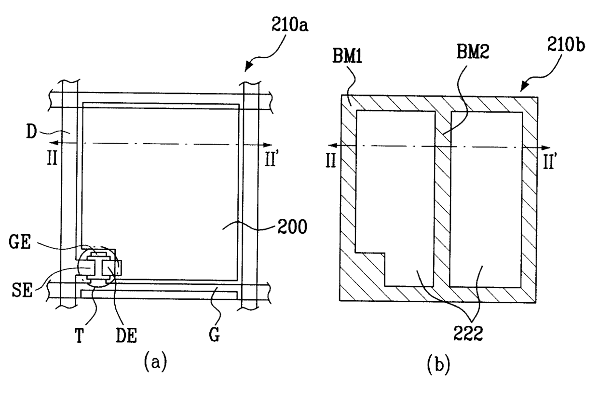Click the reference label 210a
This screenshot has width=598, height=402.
pos(290,26)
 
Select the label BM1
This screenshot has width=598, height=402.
pos(347,56)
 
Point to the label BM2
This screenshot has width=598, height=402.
pos(473,52)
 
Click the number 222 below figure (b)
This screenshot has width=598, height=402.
pos(468,334)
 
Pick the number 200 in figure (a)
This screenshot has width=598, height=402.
pos(292,227)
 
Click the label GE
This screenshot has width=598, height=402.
pos(20,242)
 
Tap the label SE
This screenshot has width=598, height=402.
pos(22,290)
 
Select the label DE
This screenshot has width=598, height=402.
pos(126,335)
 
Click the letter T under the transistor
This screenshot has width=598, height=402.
pos(80,335)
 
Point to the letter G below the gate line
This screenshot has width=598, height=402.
pos(215,335)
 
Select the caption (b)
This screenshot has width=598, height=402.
pos(438,365)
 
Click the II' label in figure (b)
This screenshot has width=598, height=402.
pos(550,161)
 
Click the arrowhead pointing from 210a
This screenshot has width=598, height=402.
pos(248,67)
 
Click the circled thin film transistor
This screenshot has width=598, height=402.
pos(98,267)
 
